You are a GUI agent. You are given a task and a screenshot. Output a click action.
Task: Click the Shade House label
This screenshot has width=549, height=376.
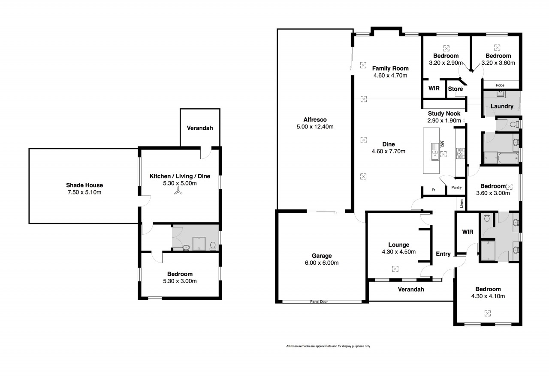[x=84, y=185]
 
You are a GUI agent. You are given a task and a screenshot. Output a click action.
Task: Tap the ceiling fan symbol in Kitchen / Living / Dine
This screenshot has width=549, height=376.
[x=178, y=191]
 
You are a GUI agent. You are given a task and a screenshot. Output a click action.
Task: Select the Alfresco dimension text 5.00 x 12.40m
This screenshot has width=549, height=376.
[x=315, y=127]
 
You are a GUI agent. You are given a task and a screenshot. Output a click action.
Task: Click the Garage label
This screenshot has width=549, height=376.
[x=322, y=256]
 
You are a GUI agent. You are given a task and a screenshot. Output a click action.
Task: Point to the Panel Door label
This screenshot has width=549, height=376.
[x=319, y=301]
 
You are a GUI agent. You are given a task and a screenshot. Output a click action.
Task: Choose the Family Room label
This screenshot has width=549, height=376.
[x=390, y=68]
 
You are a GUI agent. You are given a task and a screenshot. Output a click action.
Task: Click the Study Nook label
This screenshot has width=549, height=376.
[x=444, y=113]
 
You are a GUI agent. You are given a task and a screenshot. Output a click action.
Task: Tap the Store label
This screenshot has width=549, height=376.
[x=455, y=89]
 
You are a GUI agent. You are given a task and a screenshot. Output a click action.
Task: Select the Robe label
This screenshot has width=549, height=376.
[x=500, y=85]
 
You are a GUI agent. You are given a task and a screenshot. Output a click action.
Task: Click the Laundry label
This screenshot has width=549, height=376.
[x=502, y=106]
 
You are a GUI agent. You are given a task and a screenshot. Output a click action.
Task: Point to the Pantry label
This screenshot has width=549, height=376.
[x=456, y=187]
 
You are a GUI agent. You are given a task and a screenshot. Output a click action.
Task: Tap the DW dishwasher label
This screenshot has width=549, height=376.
[x=442, y=144]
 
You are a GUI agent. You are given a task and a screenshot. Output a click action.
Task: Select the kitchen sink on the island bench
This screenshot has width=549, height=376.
[x=435, y=152]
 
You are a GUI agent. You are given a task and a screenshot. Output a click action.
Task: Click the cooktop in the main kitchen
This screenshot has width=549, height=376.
[x=460, y=153]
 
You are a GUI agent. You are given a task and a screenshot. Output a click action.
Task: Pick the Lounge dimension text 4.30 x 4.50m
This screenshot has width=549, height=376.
[x=399, y=251]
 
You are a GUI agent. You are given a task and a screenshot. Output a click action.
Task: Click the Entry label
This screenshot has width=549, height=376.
[x=443, y=254]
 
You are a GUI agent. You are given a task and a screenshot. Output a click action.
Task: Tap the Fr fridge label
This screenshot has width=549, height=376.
[x=433, y=190]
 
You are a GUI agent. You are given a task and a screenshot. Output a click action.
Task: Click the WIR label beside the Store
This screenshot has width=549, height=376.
[x=434, y=88]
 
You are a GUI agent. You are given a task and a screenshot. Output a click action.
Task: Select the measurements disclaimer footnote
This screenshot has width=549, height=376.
[x=328, y=346]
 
